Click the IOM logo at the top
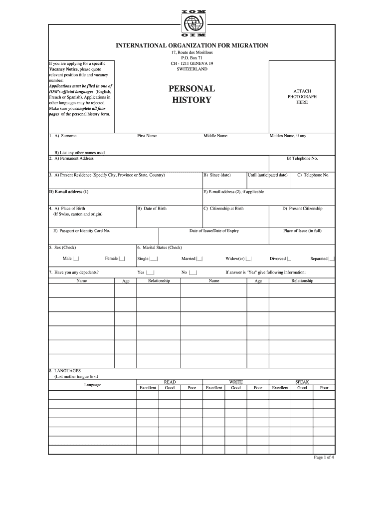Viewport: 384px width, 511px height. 192,23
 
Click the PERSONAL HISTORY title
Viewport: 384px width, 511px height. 192,94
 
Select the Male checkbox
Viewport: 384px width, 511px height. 76,258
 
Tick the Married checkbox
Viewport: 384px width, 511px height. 199,258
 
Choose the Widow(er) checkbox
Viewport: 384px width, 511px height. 248,258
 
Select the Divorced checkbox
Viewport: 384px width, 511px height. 289,258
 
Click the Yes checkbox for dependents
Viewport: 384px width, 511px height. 150,272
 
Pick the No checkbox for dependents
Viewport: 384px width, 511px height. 193,272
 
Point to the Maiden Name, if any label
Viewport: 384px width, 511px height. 288,136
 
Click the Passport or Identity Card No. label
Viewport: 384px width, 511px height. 82,231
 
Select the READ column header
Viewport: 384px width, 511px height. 170,382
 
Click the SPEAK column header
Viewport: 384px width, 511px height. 302,382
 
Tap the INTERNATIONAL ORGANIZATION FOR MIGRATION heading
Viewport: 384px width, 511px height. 192,45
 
